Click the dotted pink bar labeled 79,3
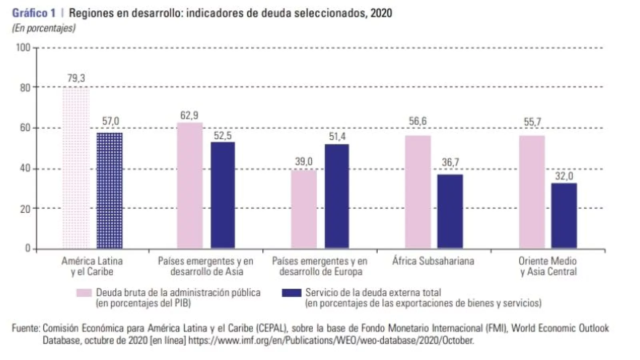click(x=76, y=168)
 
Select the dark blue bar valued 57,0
click(x=110, y=190)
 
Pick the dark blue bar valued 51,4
click(x=336, y=196)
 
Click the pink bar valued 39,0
click(x=304, y=209)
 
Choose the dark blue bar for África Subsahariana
click(x=450, y=211)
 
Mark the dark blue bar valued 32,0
click(x=564, y=216)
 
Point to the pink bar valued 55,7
click(x=532, y=192)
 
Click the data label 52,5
click(x=222, y=136)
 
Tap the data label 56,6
click(x=418, y=121)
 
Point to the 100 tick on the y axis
click(x=23, y=48)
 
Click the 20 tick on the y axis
click(x=25, y=208)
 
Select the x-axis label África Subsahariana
click(x=433, y=261)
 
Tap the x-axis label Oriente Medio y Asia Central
click(x=548, y=266)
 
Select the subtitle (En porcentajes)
click(x=44, y=28)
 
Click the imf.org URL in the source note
click(x=331, y=341)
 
